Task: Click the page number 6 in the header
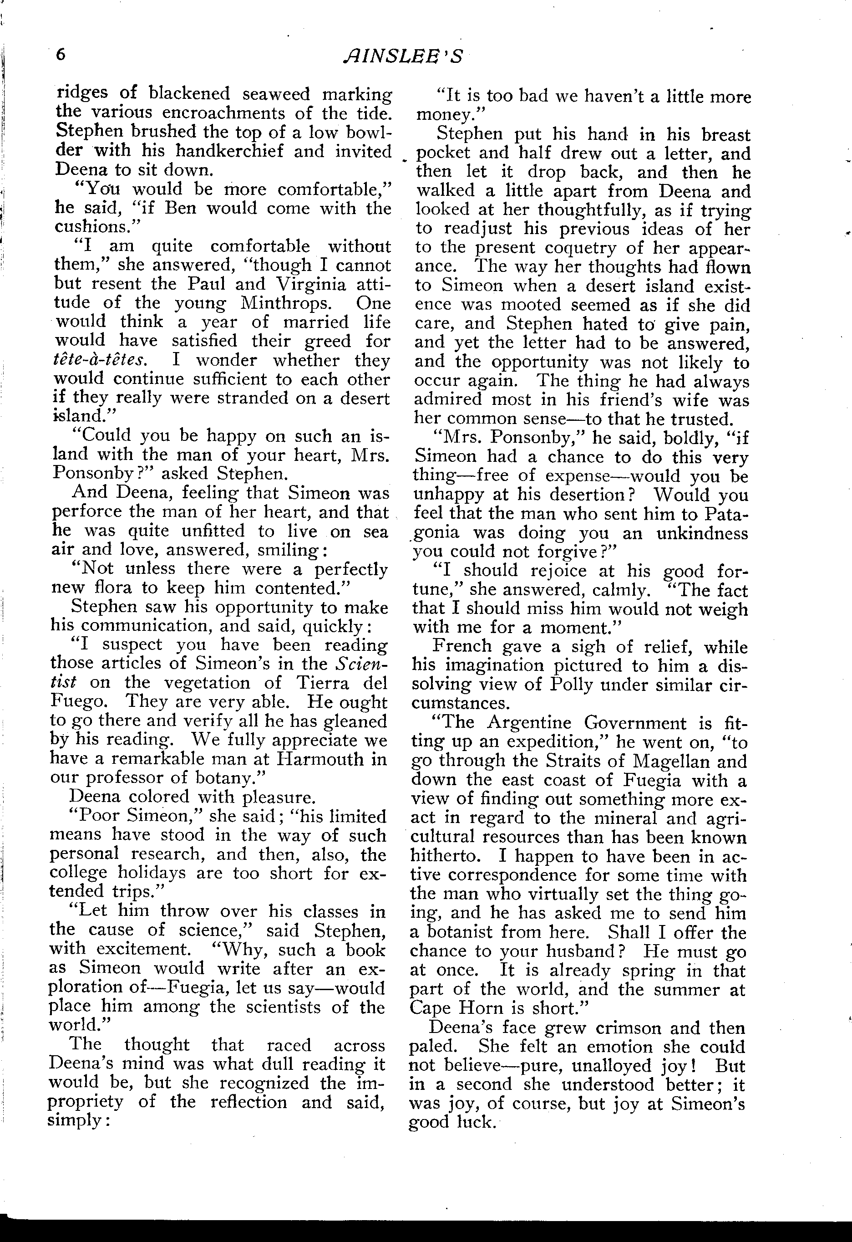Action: pos(61,55)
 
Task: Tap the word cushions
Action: pos(96,227)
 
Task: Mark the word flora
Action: pos(113,588)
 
